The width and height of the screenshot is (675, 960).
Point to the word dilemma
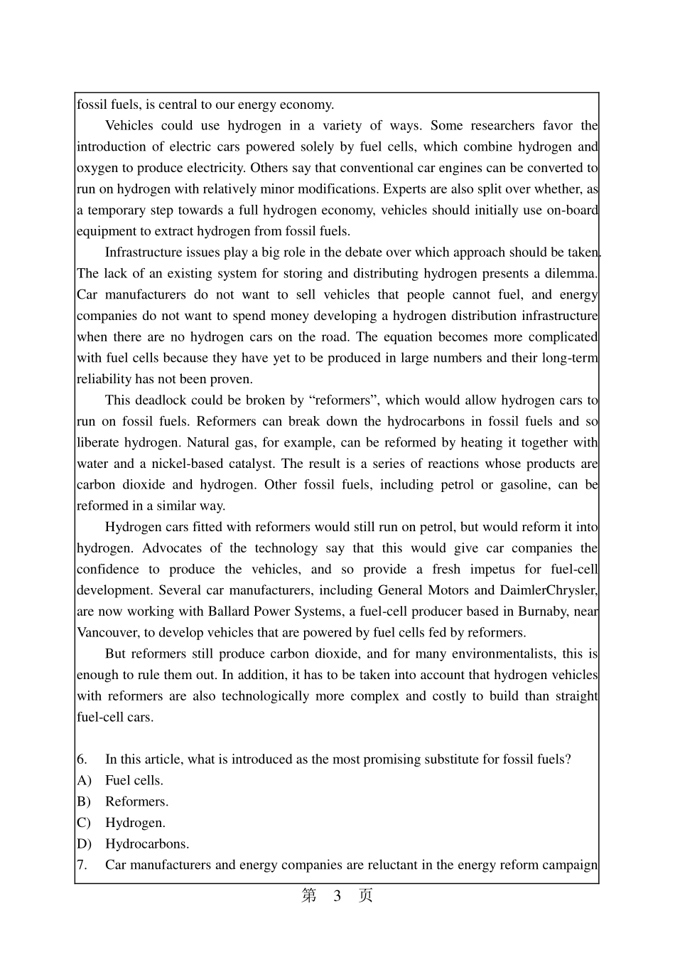coord(568,274)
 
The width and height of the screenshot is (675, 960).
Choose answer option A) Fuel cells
coord(134,781)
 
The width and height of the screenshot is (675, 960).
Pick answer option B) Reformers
coord(136,802)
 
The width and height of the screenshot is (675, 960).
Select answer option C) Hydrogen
coord(135,823)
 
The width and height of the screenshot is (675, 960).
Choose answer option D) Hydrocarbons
coord(147,844)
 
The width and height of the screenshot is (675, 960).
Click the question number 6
coord(82,759)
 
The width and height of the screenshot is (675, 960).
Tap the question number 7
coord(82,865)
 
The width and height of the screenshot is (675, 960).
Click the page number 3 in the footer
coord(337,896)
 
